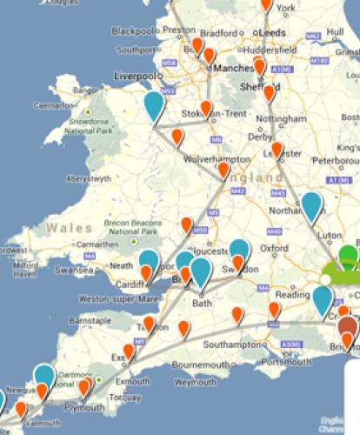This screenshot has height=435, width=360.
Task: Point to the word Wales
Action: tap(64, 227)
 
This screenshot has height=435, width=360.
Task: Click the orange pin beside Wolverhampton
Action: tap(223, 171)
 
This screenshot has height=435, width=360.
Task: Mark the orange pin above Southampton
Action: tap(237, 315)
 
